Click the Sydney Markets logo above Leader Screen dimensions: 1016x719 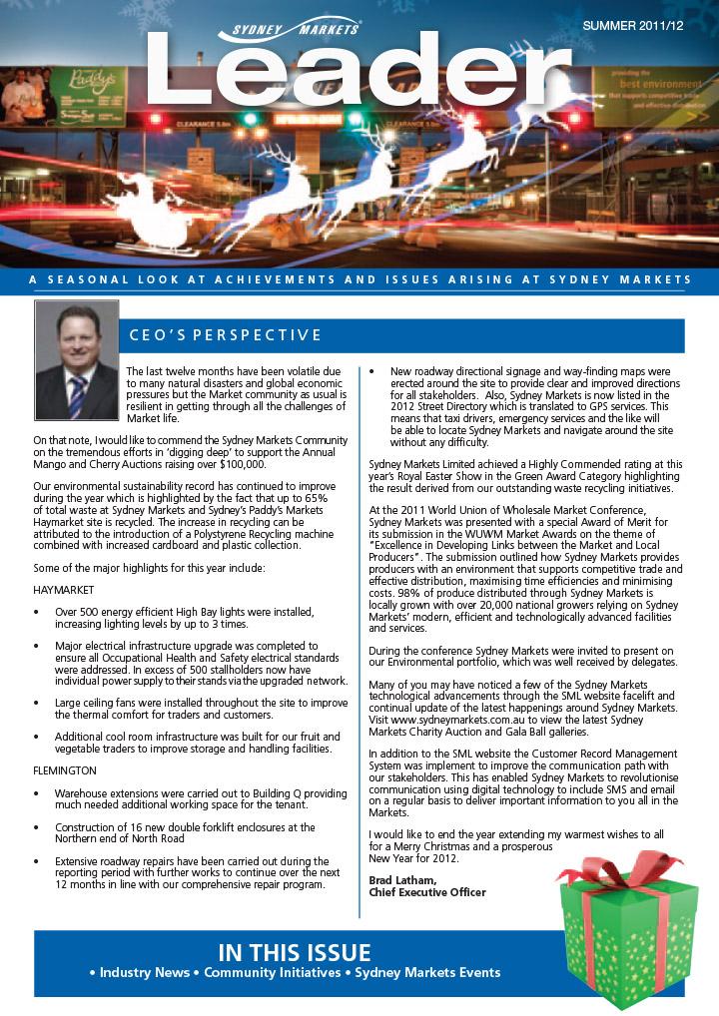[289, 28]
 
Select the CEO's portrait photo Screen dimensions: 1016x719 [77, 360]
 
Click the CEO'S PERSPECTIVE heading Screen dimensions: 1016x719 [226, 335]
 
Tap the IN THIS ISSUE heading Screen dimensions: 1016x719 [294, 951]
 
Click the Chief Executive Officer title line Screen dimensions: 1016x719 [427, 892]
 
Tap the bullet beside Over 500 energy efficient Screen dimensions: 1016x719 [37, 611]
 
